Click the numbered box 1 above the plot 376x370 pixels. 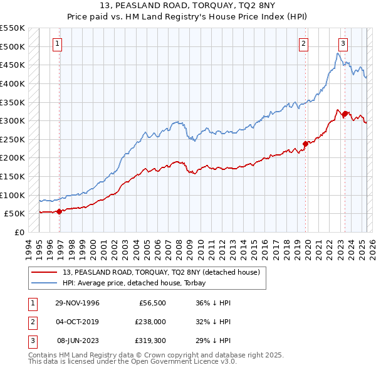(x=57, y=43)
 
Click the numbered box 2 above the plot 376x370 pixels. (x=303, y=43)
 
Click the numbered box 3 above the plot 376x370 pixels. (x=343, y=43)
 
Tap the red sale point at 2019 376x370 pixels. (x=306, y=144)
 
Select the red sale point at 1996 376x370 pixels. (x=60, y=211)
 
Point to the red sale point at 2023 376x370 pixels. (x=345, y=114)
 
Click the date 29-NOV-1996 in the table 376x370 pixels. (x=78, y=303)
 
